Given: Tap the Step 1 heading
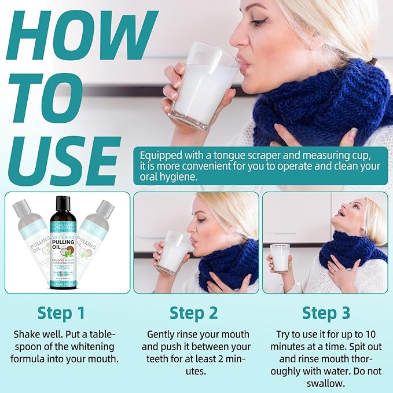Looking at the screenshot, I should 61,313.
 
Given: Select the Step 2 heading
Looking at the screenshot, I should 193,313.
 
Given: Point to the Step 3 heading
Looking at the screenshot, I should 326,313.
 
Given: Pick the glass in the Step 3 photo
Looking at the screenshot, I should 280,258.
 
